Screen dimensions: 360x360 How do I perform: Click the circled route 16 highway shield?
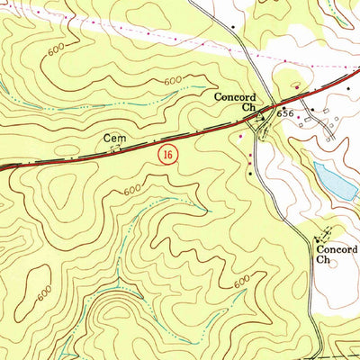167,155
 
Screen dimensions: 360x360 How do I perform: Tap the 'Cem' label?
112,139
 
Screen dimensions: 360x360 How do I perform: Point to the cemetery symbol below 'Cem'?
114,150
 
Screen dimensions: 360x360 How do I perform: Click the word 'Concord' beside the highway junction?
235,96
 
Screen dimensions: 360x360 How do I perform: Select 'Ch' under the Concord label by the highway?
248,107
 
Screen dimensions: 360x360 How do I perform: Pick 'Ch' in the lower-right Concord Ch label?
324,258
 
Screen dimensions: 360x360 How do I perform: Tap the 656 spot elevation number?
286,114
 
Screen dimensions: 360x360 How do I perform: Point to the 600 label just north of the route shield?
172,82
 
